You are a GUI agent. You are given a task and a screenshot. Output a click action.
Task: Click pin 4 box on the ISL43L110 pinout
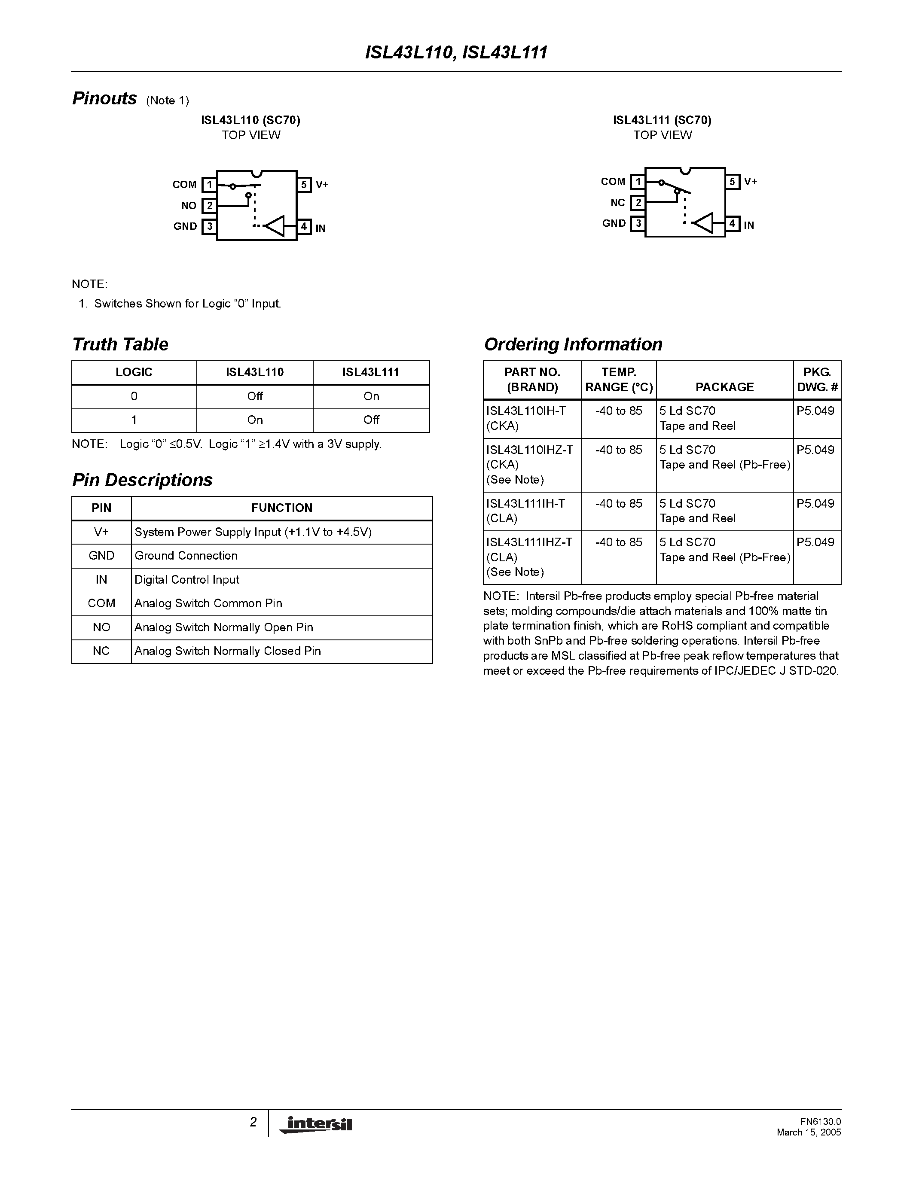pos(304,227)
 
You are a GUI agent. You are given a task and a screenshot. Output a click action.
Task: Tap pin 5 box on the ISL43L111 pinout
pos(733,182)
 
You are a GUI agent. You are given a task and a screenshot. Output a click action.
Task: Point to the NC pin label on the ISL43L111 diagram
pos(618,203)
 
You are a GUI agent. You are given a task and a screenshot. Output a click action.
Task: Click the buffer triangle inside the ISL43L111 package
pos(703,223)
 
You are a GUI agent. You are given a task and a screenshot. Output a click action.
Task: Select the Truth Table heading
pos(120,344)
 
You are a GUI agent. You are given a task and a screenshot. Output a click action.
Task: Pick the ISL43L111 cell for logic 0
pos(371,396)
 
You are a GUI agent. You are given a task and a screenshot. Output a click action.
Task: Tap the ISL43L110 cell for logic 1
pos(255,420)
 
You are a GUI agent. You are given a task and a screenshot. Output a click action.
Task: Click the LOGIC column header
pos(134,373)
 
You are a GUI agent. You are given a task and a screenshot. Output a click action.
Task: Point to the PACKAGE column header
pos(724,387)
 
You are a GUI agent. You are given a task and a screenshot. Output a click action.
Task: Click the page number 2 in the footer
pos(253,1123)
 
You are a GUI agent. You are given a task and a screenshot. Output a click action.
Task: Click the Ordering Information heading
pos(573,344)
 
